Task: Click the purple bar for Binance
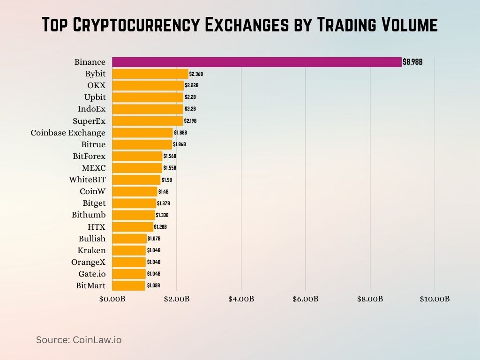pos(257,62)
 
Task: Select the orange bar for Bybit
pos(150,74)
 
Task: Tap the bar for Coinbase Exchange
pos(142,133)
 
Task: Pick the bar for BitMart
pos(128,285)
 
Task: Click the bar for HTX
pos(133,227)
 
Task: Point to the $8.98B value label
pos(412,62)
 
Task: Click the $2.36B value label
pos(196,74)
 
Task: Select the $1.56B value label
pos(170,156)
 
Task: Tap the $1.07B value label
pos(154,239)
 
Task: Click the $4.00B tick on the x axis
pos(241,299)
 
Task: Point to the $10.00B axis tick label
pos(434,299)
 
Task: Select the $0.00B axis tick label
pos(112,299)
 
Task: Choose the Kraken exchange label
pos(91,250)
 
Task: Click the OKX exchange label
pos(96,85)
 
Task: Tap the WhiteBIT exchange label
pos(87,180)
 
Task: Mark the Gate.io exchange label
pos(92,274)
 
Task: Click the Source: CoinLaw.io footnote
pos(79,340)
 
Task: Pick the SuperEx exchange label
pos(89,121)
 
